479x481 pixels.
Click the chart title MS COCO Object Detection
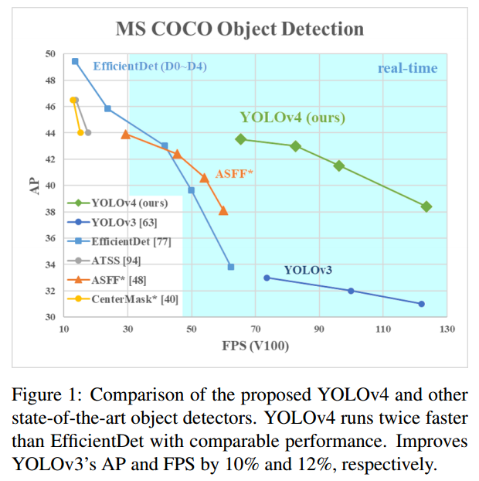pyautogui.click(x=239, y=29)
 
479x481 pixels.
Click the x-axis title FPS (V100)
pyautogui.click(x=255, y=346)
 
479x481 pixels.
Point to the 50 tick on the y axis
pyautogui.click(x=50, y=54)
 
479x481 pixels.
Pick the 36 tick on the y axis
pyautogui.click(x=50, y=239)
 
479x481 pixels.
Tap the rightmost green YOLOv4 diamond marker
pyautogui.click(x=426, y=206)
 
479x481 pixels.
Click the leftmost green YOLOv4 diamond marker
pyautogui.click(x=241, y=139)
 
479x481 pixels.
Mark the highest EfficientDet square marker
pyautogui.click(x=75, y=61)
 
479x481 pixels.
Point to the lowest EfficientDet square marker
pyautogui.click(x=231, y=267)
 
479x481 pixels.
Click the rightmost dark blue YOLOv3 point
pyautogui.click(x=421, y=304)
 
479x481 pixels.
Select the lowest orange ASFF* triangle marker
pyautogui.click(x=223, y=210)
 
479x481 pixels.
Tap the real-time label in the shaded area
pyautogui.click(x=407, y=68)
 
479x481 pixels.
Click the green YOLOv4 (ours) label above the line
pyautogui.click(x=292, y=118)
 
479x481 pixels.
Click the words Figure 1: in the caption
pyautogui.click(x=44, y=394)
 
